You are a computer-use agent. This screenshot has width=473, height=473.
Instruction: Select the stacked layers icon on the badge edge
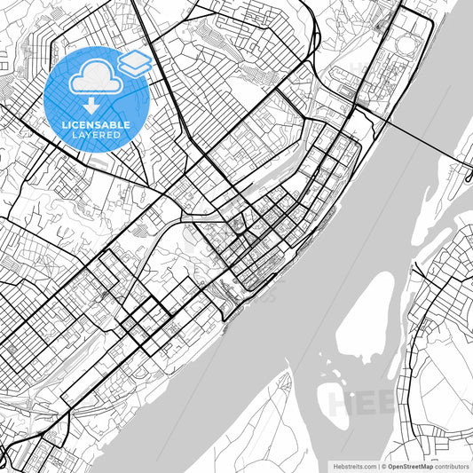click(134, 62)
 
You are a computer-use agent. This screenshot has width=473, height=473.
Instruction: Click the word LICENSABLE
click(96, 125)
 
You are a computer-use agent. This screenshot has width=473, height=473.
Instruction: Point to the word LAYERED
click(96, 136)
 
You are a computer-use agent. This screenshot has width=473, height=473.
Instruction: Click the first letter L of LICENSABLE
click(64, 125)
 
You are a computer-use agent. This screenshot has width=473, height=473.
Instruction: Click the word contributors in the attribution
click(452, 465)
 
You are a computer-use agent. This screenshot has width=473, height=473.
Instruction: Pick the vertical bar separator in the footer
click(377, 465)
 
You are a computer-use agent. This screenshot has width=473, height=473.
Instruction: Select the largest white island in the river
click(367, 319)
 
